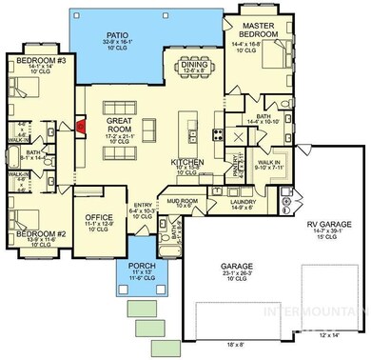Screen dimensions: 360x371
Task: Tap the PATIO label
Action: click(x=123, y=35)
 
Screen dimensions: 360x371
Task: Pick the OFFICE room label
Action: click(x=99, y=218)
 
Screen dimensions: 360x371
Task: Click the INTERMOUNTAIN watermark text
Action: click(x=329, y=311)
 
